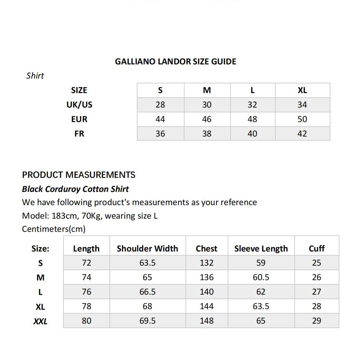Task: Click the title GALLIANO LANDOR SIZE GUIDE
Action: [175, 62]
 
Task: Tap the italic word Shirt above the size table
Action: [35, 76]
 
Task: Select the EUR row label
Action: [79, 119]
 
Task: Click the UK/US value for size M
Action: [207, 105]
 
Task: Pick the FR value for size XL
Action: [302, 134]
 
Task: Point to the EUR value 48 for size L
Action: [252, 119]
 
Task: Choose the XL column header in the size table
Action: [302, 90]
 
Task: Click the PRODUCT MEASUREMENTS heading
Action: [79, 175]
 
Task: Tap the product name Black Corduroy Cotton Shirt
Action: [75, 189]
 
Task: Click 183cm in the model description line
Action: [64, 216]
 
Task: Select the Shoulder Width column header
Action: [147, 249]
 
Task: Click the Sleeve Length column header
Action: [261, 249]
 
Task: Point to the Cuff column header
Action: [317, 249]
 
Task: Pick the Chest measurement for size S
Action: [206, 263]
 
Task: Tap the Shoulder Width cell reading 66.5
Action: [147, 292]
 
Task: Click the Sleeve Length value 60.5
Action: [261, 277]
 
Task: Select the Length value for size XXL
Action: [86, 321]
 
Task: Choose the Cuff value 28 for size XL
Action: [317, 306]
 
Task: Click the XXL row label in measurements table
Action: [40, 321]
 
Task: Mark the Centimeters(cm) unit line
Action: [54, 229]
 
